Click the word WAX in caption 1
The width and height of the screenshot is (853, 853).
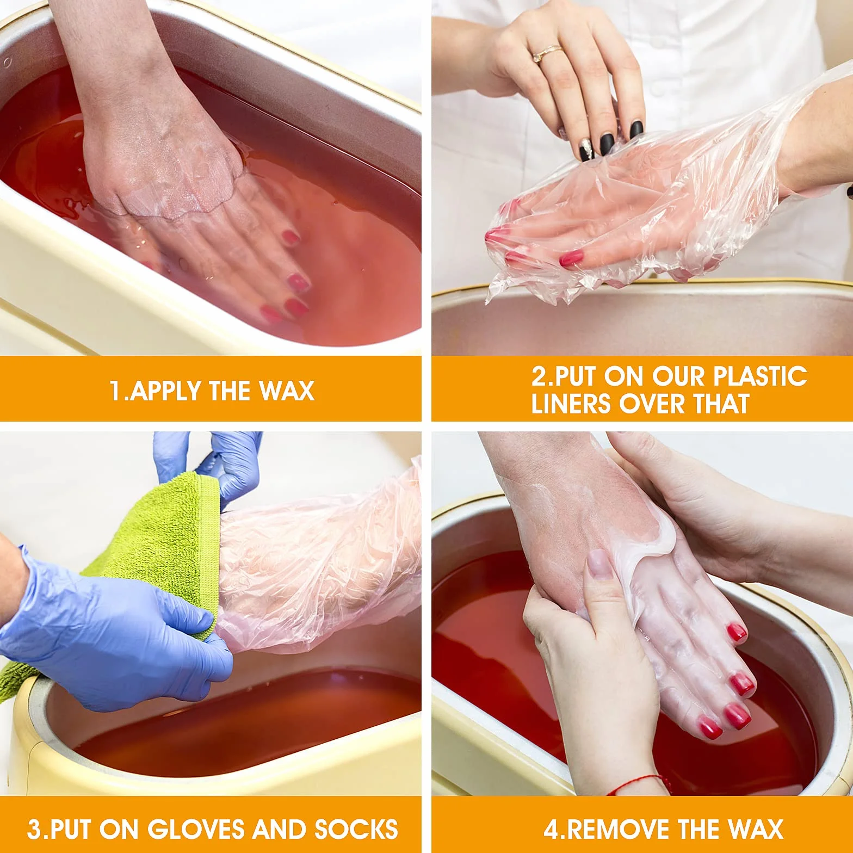(x=286, y=391)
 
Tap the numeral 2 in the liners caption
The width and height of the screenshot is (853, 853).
(x=538, y=376)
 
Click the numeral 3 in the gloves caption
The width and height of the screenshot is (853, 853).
(x=34, y=829)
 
